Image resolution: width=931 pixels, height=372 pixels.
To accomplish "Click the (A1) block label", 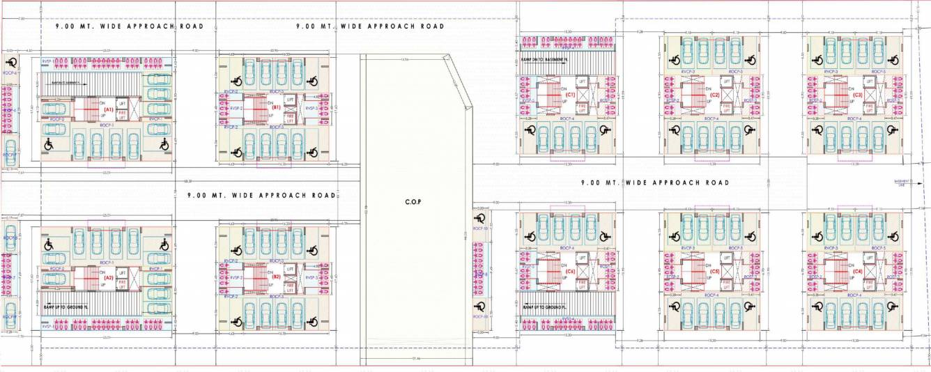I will coord(108,110).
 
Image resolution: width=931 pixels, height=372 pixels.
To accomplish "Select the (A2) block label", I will coord(108,277).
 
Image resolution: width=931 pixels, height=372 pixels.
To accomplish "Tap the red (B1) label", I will coord(276,107).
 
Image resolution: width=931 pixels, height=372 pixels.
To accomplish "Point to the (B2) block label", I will coord(276,277).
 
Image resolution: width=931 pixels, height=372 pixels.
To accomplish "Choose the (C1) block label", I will coord(570,94).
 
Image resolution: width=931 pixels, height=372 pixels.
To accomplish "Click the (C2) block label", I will coord(714,95).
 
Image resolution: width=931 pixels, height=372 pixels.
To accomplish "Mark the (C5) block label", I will coord(714,271).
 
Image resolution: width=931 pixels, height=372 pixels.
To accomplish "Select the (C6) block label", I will coord(570,271).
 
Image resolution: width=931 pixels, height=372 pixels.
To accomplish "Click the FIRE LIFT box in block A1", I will coord(122,115).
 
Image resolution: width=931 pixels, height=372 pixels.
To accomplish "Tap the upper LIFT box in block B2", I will coord(289,268).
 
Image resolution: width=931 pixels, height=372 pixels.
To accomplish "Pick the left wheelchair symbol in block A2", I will coord(49,245).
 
